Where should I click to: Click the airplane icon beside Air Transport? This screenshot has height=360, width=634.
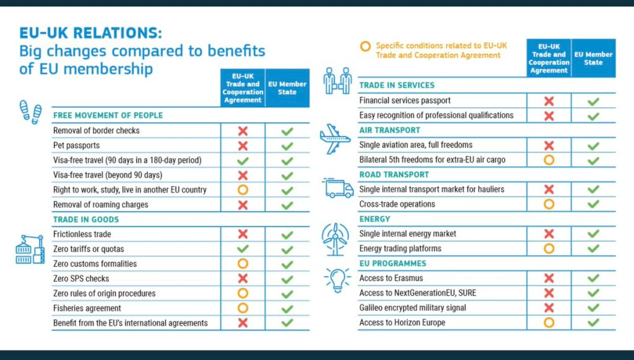click(x=335, y=138)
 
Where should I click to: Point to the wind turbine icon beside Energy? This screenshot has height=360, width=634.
click(x=335, y=237)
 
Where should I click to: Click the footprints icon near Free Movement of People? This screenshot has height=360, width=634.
click(x=30, y=112)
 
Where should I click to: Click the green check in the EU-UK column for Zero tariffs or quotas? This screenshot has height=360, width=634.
click(x=243, y=249)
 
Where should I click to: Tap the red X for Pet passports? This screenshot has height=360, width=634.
click(x=243, y=146)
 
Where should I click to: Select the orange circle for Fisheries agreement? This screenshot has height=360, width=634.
click(x=243, y=308)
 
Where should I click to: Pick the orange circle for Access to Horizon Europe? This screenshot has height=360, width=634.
click(x=549, y=322)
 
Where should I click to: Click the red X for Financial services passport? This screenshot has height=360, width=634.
click(x=549, y=101)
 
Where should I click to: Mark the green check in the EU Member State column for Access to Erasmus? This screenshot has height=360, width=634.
click(x=593, y=278)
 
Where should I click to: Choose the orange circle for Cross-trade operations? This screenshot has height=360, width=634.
click(x=549, y=204)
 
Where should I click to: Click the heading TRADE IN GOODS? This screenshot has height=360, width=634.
click(x=86, y=219)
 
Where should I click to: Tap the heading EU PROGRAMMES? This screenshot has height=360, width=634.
click(x=393, y=263)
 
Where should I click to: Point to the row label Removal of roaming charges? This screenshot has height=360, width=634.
click(x=101, y=204)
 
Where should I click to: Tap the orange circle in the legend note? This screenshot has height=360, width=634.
click(x=365, y=46)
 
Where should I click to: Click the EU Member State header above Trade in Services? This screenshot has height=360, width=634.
click(x=593, y=58)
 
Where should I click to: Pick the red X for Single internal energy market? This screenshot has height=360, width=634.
click(x=549, y=234)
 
